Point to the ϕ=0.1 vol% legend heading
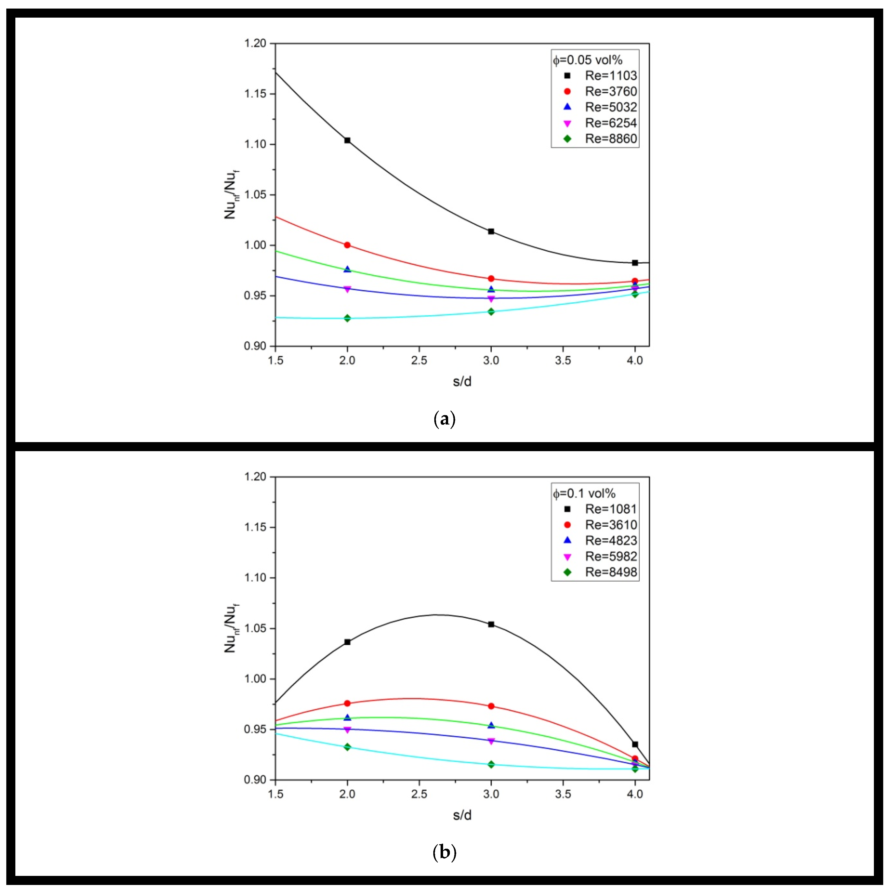pos(584,493)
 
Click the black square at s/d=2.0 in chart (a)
pos(347,140)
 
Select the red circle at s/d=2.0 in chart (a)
pos(347,245)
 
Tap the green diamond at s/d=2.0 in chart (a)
pos(347,318)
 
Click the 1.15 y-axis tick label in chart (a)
pos(255,94)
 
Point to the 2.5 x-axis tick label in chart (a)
pos(419,361)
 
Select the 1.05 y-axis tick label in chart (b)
pos(255,628)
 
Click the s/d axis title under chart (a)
pos(462,381)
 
